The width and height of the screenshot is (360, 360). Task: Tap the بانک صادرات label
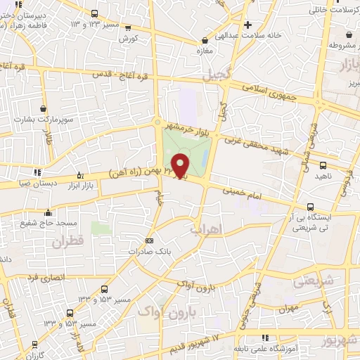click(x=148, y=251)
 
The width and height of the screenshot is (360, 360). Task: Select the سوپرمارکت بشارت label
click(x=46, y=120)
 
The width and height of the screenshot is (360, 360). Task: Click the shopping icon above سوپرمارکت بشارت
click(x=45, y=109)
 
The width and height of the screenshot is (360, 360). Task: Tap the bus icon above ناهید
click(x=323, y=166)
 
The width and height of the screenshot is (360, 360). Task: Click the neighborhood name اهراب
click(x=205, y=229)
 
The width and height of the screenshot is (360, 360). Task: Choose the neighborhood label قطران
click(x=67, y=243)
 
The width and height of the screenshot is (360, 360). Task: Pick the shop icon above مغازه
click(x=204, y=40)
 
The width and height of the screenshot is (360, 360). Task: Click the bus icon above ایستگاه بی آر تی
click(x=310, y=207)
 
